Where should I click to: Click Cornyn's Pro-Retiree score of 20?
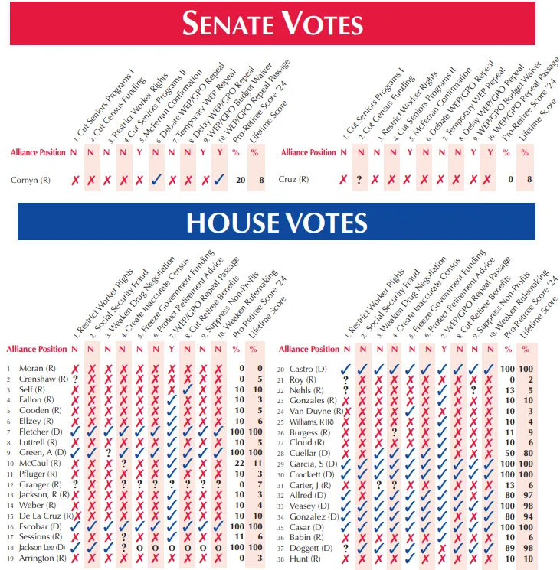[241, 181]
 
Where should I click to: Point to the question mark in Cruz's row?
[359, 181]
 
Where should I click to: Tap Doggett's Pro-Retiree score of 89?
[506, 548]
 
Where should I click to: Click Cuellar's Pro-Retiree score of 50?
[506, 453]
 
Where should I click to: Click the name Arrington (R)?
[37, 559]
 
